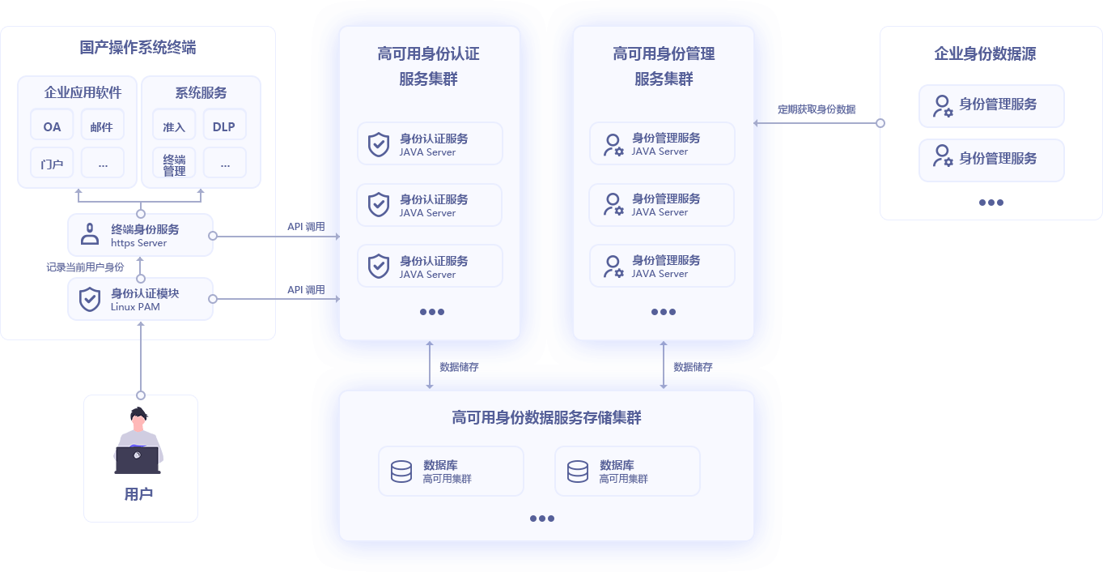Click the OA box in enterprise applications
(52, 126)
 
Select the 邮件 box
(102, 126)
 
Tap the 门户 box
(52, 164)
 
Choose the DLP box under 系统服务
(224, 126)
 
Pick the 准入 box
(174, 126)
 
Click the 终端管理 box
(174, 164)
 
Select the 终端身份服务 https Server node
(140, 235)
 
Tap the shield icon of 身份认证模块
(89, 299)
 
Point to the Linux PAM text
(135, 307)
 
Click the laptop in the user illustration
(137, 459)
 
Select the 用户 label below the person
(139, 494)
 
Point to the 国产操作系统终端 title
(138, 48)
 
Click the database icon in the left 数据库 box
(401, 472)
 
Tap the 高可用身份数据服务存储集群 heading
(546, 418)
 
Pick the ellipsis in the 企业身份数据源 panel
(991, 203)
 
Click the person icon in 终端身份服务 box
(89, 235)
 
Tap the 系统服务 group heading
(201, 92)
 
